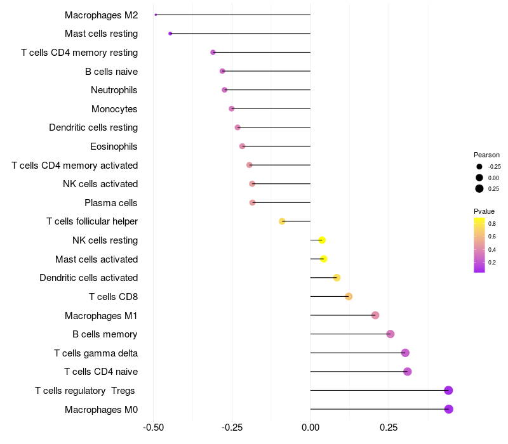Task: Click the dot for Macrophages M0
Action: pos(448,409)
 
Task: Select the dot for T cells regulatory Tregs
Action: pos(448,390)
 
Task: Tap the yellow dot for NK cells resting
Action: pos(322,240)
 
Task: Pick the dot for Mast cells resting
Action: pos(170,34)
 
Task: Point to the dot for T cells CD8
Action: pos(349,296)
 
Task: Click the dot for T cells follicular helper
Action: pos(283,221)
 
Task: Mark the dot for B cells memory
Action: pos(391,334)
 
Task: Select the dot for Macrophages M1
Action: pos(375,315)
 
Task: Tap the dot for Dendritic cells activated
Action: pos(337,278)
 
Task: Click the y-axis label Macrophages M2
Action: pos(102,15)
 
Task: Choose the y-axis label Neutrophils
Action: pos(114,90)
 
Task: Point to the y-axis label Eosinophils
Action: pos(114,147)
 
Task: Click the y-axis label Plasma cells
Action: pos(111,203)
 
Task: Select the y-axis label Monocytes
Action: pos(114,109)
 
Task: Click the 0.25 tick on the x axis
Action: pos(389,428)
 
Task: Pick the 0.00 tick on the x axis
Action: pos(310,428)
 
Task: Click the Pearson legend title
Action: pos(486,155)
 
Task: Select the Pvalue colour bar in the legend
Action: pos(479,245)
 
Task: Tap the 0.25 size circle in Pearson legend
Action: pos(479,188)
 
